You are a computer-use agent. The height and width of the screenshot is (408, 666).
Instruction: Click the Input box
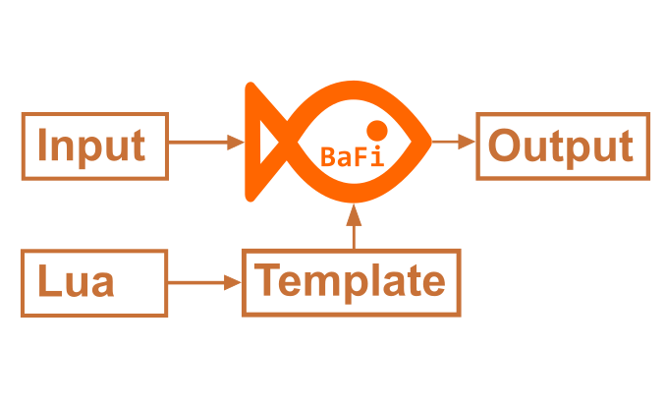(94, 146)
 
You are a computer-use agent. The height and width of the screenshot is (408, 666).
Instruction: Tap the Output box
(562, 146)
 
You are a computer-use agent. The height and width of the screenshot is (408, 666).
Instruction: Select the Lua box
(94, 283)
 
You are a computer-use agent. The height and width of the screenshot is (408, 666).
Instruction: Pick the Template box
(351, 283)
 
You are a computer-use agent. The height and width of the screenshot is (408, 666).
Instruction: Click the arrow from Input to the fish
(206, 142)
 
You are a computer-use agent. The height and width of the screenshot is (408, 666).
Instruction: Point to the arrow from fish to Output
(454, 141)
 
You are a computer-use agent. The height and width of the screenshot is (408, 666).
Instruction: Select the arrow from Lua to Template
(204, 283)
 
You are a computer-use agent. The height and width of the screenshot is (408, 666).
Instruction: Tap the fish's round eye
(376, 129)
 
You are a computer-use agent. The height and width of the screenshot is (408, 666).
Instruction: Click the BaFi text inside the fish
(351, 156)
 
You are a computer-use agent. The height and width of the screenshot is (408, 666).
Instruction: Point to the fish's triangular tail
(262, 143)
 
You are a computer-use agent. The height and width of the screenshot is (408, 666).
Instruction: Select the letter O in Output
(504, 146)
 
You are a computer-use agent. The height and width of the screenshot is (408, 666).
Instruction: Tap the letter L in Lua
(46, 282)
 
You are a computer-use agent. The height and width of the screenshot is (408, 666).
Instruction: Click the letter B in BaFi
(328, 156)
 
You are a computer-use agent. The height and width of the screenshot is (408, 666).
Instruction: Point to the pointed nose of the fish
(429, 142)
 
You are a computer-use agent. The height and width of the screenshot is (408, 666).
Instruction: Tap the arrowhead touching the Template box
(233, 283)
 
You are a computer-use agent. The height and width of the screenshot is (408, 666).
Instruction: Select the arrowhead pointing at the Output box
(468, 141)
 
